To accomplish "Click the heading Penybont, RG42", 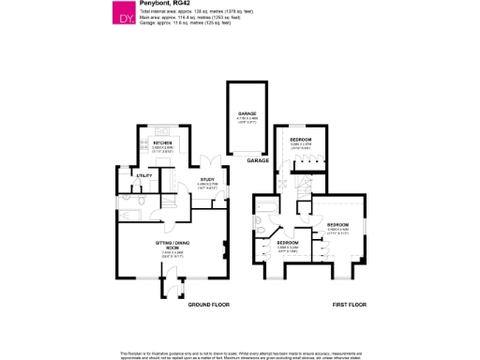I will pyautogui.click(x=160, y=5).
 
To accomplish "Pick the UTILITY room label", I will pyautogui.click(x=144, y=175).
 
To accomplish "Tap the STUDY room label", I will pyautogui.click(x=207, y=180).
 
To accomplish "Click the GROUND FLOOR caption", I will pyautogui.click(x=210, y=306).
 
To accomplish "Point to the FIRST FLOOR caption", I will pyautogui.click(x=350, y=306).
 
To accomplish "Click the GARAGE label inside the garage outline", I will pyautogui.click(x=247, y=113).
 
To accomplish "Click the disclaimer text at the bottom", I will pyautogui.click(x=240, y=354).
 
